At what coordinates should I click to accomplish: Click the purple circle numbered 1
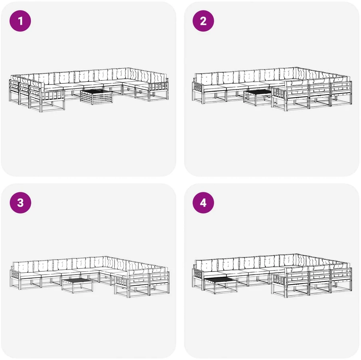pyautogui.click(x=20, y=21)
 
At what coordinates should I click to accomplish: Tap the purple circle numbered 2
pyautogui.click(x=203, y=21)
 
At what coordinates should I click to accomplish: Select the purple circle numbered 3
pyautogui.click(x=20, y=203)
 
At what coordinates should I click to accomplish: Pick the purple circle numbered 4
pyautogui.click(x=203, y=203)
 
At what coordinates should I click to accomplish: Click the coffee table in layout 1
pyautogui.click(x=97, y=97)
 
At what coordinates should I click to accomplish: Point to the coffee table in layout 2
pyautogui.click(x=258, y=97)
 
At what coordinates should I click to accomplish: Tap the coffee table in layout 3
pyautogui.click(x=78, y=285)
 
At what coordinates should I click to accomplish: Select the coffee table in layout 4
pyautogui.click(x=220, y=285)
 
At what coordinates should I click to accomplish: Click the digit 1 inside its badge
pyautogui.click(x=20, y=21)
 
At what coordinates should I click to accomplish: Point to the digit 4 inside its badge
pyautogui.click(x=203, y=203)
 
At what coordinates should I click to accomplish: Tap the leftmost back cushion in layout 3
pyautogui.click(x=23, y=267)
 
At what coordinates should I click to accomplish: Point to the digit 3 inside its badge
pyautogui.click(x=20, y=203)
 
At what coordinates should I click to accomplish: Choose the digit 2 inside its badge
pyautogui.click(x=203, y=21)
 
